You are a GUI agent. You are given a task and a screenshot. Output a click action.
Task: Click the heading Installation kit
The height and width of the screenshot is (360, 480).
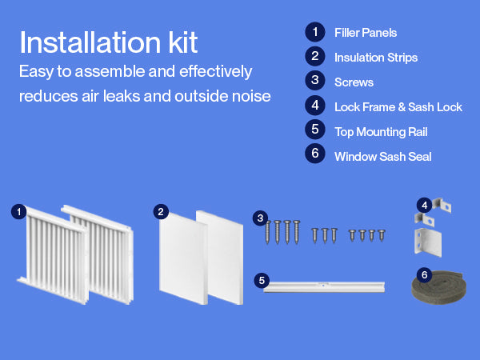(109, 42)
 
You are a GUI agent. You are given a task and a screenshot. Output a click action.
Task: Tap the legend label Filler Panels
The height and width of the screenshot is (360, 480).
(366, 33)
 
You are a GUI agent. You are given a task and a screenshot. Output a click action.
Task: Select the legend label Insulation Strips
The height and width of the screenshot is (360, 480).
(376, 58)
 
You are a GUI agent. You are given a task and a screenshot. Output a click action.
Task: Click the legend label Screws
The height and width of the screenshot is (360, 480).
(354, 82)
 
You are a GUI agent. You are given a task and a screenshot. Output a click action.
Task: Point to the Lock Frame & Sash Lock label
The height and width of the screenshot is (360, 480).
(398, 107)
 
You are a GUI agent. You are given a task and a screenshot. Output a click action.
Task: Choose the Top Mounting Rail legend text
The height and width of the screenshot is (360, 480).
(381, 132)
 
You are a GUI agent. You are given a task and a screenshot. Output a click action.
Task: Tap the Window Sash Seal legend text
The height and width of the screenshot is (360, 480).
(383, 157)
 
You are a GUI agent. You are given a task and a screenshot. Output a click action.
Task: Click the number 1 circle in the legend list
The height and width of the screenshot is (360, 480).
(315, 32)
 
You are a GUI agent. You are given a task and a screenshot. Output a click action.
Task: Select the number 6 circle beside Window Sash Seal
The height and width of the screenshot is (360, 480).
(315, 154)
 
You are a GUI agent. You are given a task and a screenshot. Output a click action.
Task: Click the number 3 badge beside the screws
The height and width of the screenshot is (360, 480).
(260, 218)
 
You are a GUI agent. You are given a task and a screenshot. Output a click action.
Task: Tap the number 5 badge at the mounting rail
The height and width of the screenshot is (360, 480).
(262, 281)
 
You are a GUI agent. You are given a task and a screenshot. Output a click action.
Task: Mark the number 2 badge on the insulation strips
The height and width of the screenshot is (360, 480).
(161, 211)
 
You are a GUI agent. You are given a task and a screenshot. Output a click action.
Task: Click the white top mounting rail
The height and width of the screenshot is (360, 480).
(324, 287)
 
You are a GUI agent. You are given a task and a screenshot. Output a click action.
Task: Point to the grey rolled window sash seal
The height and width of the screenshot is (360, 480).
(439, 288)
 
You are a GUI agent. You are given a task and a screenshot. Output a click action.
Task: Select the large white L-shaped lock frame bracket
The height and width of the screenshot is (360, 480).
(428, 242)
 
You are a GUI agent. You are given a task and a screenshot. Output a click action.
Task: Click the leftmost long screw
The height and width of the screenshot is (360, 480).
(267, 232)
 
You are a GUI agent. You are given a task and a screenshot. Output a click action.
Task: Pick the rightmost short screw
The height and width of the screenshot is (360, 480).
(382, 235)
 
